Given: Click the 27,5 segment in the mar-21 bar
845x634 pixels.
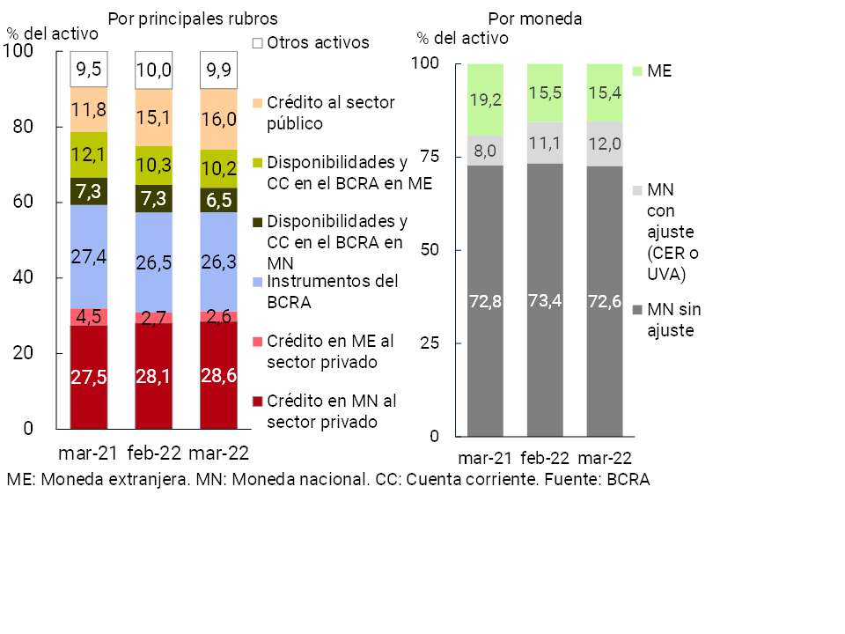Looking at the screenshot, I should pos(89,377).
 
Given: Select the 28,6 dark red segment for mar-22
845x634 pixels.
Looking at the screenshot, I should pos(218,375).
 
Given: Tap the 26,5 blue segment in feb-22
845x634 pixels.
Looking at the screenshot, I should pos(153,262).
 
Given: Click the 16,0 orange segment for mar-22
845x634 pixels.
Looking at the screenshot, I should pos(218,120).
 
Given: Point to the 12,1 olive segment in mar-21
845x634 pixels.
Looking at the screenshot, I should pos(89,155).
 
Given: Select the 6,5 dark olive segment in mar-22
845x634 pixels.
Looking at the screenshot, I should pos(218,200).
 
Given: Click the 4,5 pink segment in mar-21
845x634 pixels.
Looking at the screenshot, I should pos(89,317).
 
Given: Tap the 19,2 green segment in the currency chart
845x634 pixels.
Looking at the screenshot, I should pos(485,100).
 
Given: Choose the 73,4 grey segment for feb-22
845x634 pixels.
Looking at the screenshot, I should pos(545,299).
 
